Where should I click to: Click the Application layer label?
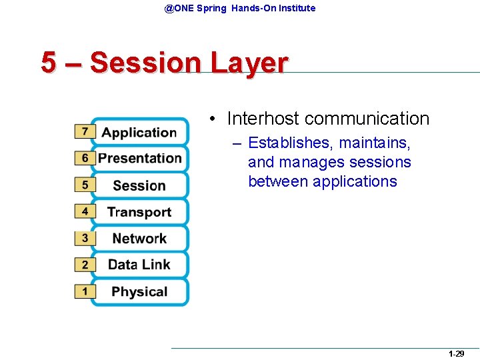pos(139,132)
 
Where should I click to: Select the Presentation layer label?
pos(140,158)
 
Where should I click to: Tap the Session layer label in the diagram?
pos(139,185)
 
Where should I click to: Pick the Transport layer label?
pos(139,212)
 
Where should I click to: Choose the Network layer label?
pos(139,238)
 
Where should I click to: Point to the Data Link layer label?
pos(139,265)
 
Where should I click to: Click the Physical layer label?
pos(139,291)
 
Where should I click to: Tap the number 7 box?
pos(85,131)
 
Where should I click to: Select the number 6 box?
pos(85,158)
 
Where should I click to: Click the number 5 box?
pos(85,185)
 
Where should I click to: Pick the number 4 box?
pos(85,211)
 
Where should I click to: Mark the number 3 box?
pos(85,238)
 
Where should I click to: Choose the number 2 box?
pos(85,265)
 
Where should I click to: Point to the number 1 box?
pos(85,291)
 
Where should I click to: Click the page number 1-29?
pos(456,354)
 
